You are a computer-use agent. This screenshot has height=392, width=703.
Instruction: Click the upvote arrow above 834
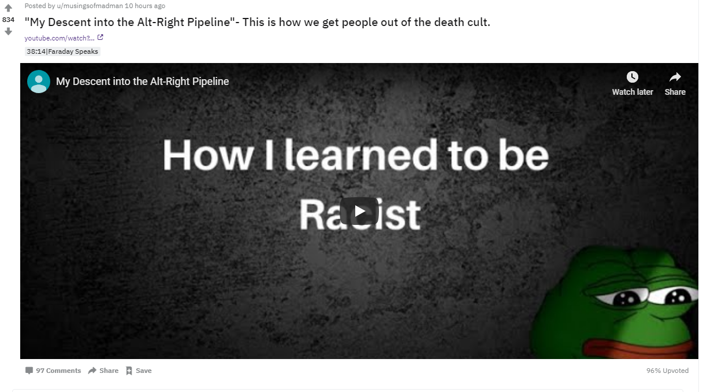click(9, 8)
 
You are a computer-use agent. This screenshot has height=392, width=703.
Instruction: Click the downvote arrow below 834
click(9, 31)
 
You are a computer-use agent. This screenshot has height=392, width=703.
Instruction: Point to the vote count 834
click(8, 20)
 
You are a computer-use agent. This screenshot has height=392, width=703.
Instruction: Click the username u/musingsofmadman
click(90, 6)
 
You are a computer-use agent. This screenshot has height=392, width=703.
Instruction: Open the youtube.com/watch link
click(59, 38)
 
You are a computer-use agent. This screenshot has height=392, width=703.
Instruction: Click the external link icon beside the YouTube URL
click(101, 38)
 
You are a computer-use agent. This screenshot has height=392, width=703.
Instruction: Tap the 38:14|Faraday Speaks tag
click(62, 51)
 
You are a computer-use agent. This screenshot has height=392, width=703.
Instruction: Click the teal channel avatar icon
click(39, 82)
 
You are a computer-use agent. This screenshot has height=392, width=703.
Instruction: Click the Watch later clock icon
click(633, 77)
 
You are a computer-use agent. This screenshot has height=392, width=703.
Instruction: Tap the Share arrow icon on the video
click(675, 77)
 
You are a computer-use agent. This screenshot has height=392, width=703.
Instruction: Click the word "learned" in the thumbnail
click(361, 155)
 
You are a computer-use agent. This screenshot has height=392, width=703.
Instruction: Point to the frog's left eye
click(626, 298)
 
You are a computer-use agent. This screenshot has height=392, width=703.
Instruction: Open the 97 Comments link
click(53, 371)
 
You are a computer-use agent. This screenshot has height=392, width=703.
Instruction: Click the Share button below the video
click(103, 371)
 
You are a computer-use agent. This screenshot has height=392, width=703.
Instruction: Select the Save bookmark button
click(139, 371)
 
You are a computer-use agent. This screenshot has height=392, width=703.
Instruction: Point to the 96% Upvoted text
click(667, 371)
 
